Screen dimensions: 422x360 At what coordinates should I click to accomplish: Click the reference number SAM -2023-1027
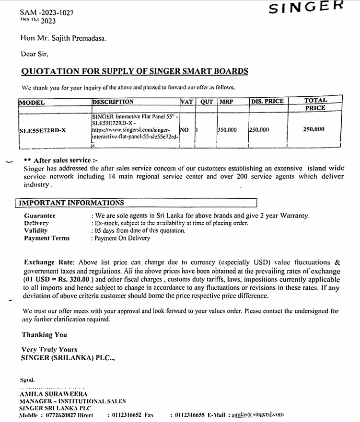[x=47, y=12]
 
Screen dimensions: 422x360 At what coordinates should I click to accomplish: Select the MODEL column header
[x=32, y=102]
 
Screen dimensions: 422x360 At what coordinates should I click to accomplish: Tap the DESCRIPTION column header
[x=113, y=102]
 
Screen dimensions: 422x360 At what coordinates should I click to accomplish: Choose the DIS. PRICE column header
[x=267, y=101]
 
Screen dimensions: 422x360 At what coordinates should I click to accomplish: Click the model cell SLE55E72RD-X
[x=43, y=130]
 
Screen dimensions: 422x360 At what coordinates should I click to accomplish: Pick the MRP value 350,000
[x=227, y=130]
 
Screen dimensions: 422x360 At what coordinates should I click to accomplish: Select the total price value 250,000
[x=314, y=129]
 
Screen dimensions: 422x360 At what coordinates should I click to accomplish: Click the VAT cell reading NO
[x=184, y=130]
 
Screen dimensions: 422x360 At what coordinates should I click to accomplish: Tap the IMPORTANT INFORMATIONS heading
[x=71, y=203]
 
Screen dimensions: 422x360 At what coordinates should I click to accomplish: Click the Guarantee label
[x=39, y=216]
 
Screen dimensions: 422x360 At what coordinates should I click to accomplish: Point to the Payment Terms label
[x=46, y=238]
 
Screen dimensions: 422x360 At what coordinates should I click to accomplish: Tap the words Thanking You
[x=44, y=335]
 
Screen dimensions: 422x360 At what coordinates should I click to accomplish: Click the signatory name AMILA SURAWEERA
[x=53, y=394]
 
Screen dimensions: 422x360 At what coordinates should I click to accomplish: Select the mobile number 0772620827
[x=62, y=415]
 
